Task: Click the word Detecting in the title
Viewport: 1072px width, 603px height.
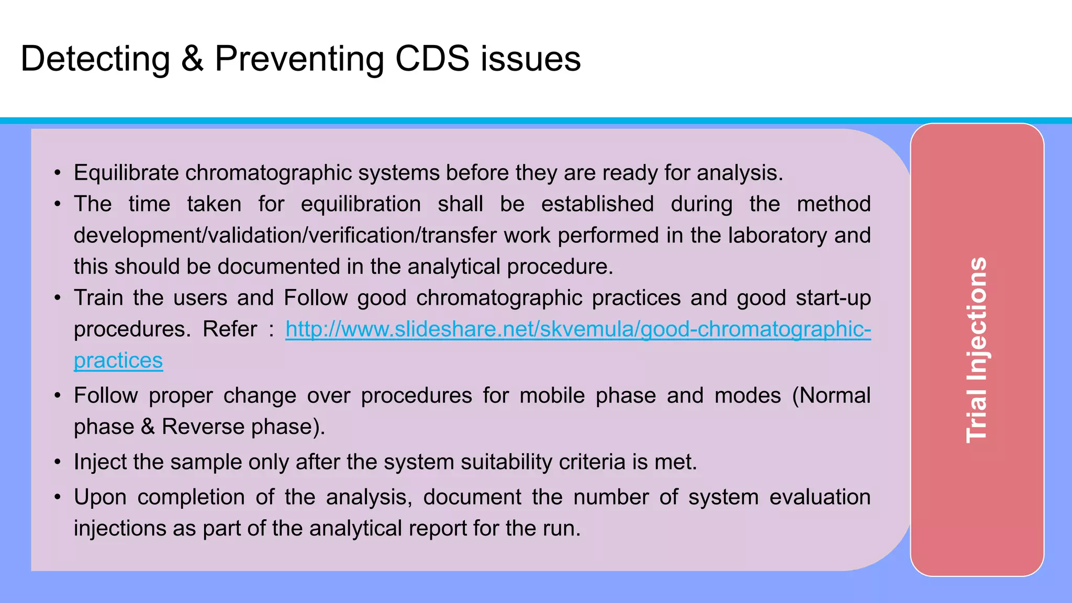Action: click(x=95, y=59)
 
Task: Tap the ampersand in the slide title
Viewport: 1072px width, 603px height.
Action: click(x=192, y=59)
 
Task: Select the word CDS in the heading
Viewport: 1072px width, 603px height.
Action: click(x=432, y=59)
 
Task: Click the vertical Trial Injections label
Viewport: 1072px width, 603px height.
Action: click(x=977, y=350)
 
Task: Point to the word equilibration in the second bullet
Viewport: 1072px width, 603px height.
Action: click(x=361, y=204)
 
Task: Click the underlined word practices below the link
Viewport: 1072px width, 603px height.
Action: click(x=118, y=361)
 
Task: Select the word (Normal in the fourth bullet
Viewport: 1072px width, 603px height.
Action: click(x=831, y=396)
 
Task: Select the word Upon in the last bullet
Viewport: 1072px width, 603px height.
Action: click(x=100, y=497)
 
